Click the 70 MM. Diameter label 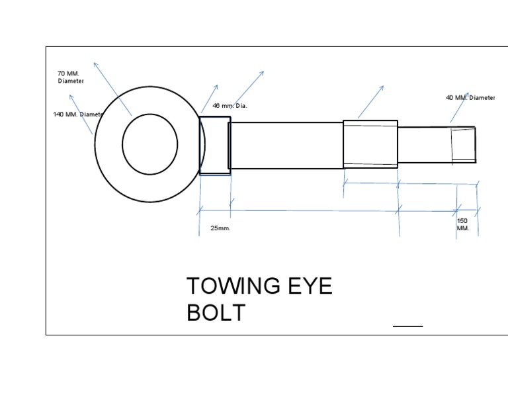click(x=71, y=77)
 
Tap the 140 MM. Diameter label click(x=78, y=114)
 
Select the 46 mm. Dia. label click(x=230, y=106)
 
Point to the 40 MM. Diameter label click(x=470, y=98)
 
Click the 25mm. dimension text click(x=220, y=228)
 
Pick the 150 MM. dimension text click(x=462, y=224)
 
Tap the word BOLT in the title click(x=216, y=313)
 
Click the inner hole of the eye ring click(x=150, y=144)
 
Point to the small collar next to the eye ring click(x=214, y=146)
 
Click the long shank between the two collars click(x=286, y=145)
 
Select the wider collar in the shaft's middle click(x=370, y=144)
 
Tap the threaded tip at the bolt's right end click(x=464, y=144)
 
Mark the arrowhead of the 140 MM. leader click(x=71, y=97)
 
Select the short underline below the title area click(x=407, y=326)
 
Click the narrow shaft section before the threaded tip click(x=424, y=145)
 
